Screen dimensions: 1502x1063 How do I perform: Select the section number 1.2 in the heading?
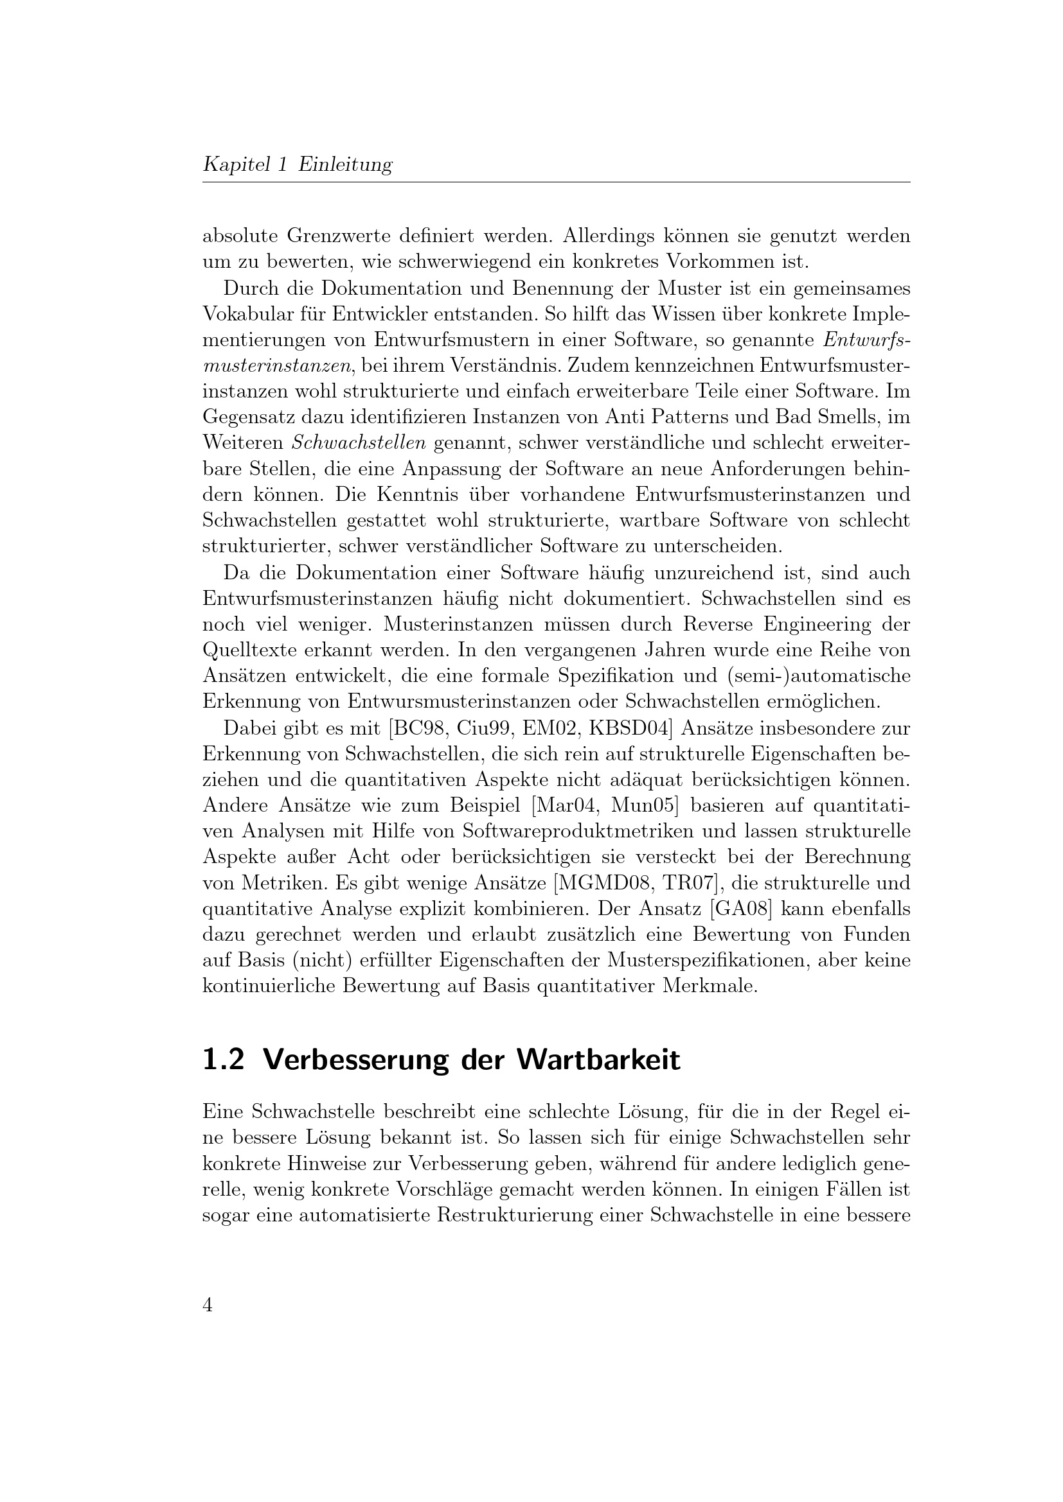point(223,1060)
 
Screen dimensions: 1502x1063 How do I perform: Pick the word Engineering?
point(811,625)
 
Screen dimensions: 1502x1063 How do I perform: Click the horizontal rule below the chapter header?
point(557,182)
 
